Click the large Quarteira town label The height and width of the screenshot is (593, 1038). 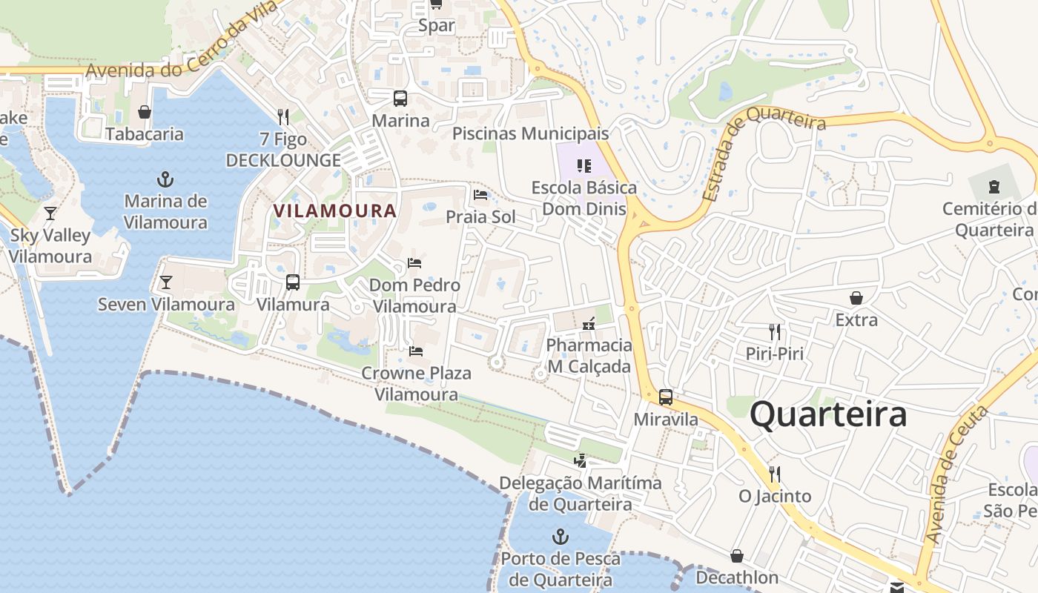[827, 414]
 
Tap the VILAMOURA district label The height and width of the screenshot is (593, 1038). [335, 211]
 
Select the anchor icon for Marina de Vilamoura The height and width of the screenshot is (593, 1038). [165, 179]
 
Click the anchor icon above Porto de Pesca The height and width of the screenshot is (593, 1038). [561, 537]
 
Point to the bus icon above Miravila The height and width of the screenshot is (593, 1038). [666, 397]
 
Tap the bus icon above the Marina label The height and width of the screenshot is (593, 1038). [400, 99]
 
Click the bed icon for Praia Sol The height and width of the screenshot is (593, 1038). [480, 195]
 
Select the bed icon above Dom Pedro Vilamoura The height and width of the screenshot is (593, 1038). [414, 263]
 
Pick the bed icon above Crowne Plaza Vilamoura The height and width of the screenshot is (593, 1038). [416, 351]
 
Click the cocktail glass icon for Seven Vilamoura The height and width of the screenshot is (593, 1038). [166, 282]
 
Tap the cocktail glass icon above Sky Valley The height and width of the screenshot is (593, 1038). [50, 213]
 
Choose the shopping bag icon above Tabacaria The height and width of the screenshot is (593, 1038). [145, 112]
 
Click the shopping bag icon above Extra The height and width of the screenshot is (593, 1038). [856, 298]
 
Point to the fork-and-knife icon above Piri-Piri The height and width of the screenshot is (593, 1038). [775, 331]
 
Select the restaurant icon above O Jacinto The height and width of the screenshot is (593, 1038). [775, 474]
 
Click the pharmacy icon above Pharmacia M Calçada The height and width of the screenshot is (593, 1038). [589, 323]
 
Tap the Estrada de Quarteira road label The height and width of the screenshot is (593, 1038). [763, 152]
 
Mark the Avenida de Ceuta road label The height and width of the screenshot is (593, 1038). [956, 474]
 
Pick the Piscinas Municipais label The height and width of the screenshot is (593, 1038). [530, 133]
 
